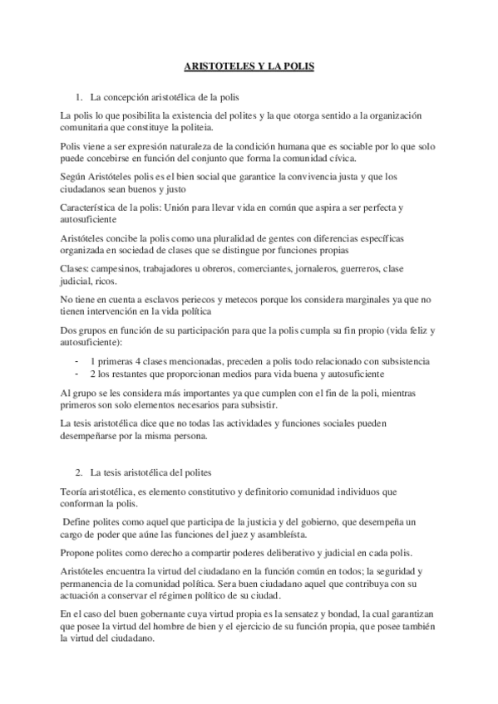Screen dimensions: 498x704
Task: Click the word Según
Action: click(75, 177)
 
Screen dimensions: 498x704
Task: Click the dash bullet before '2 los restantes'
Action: click(76, 374)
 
